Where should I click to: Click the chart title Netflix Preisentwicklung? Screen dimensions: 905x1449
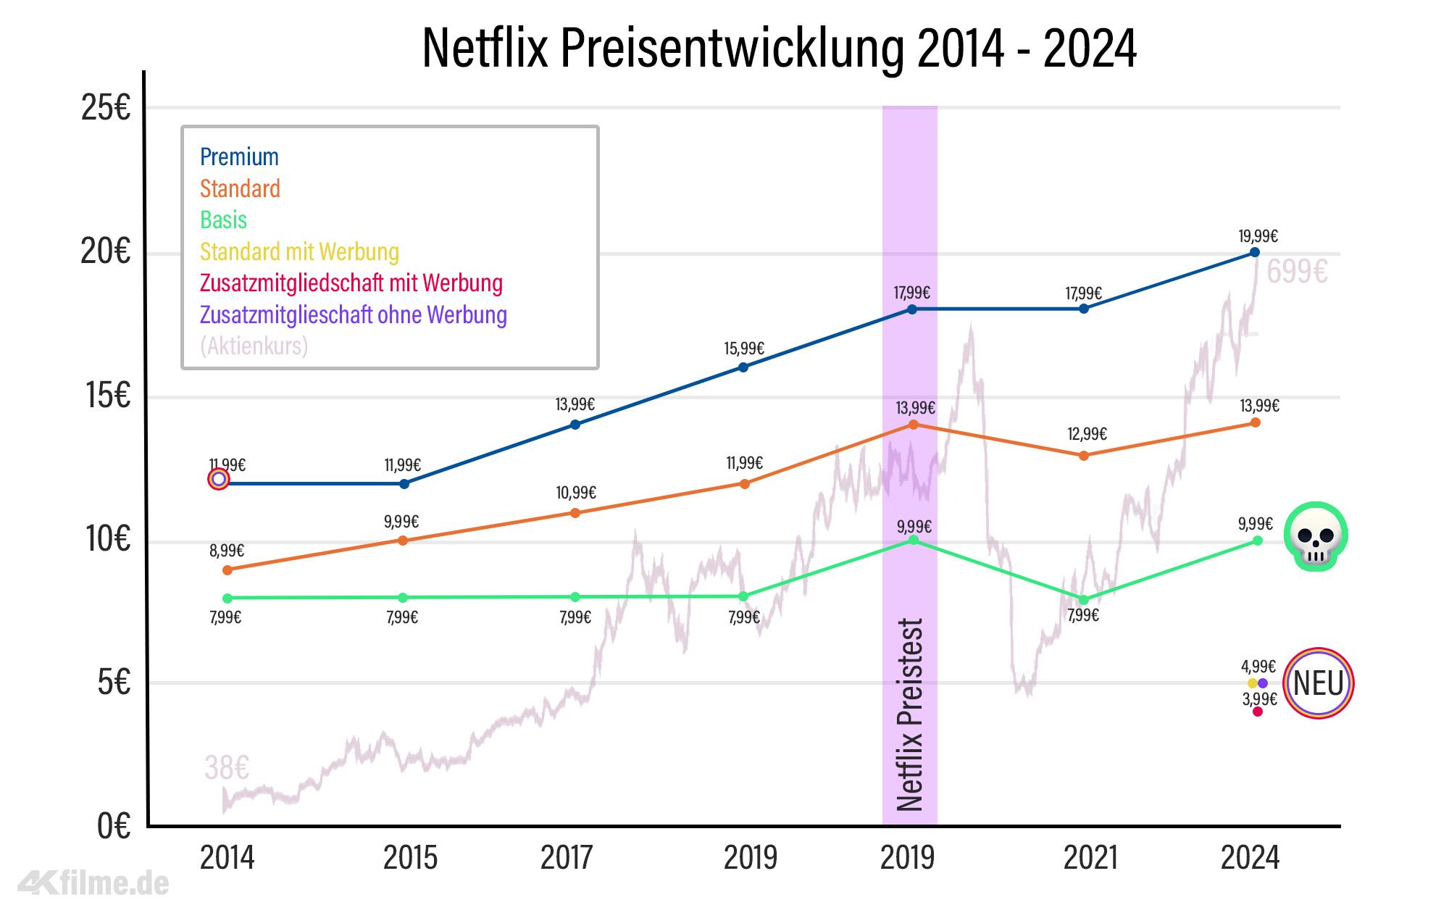(x=779, y=49)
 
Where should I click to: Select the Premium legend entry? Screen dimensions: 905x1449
(x=239, y=157)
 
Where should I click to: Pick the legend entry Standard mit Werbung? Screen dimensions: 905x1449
(x=299, y=251)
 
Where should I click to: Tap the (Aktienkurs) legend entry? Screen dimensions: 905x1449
(x=254, y=346)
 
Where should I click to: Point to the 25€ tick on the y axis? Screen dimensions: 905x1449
(x=106, y=109)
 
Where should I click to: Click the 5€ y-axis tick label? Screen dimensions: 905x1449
(x=114, y=683)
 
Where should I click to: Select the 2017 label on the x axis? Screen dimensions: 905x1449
(x=567, y=858)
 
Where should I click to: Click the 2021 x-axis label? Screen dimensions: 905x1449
(x=1090, y=858)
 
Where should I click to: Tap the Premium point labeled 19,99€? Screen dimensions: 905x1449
(x=1255, y=252)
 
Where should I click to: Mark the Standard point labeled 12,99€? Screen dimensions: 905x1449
(x=1084, y=456)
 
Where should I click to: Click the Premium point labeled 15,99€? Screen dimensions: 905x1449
(x=743, y=367)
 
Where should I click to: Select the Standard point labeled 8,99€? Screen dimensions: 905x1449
(x=227, y=570)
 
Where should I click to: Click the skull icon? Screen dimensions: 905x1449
(x=1316, y=537)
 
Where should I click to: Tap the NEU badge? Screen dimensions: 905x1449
(x=1318, y=683)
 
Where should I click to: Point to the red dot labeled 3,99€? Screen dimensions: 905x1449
(x=1258, y=712)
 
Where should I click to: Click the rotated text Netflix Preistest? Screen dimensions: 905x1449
(x=910, y=714)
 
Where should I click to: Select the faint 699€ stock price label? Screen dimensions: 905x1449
(x=1297, y=272)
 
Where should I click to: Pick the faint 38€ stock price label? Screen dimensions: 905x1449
(x=227, y=767)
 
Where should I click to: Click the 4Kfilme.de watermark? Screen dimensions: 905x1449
(x=94, y=883)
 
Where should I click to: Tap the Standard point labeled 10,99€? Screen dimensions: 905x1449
(x=575, y=513)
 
